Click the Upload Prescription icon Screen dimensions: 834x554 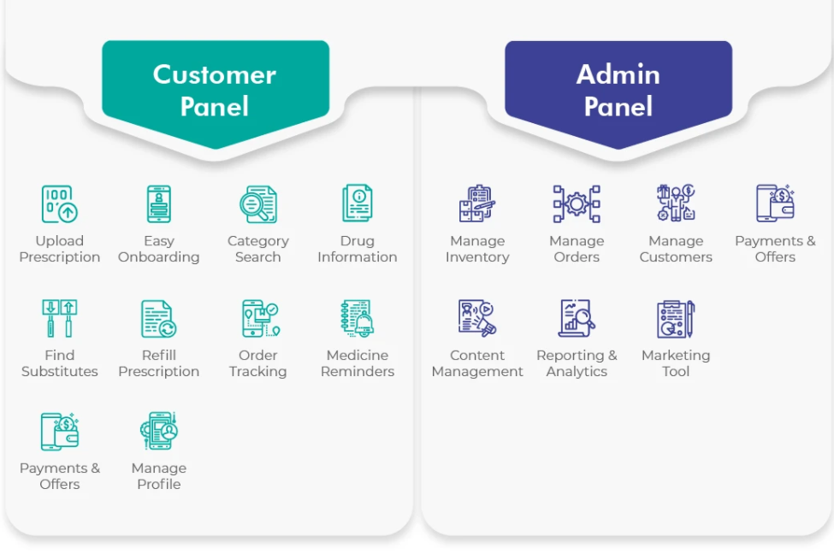pyautogui.click(x=60, y=203)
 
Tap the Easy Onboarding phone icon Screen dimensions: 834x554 pyautogui.click(x=158, y=203)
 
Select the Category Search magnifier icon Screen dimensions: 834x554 pyautogui.click(x=258, y=204)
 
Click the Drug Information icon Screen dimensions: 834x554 pyautogui.click(x=358, y=203)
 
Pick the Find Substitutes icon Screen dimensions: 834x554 pyautogui.click(x=60, y=318)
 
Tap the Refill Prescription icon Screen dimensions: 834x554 pyautogui.click(x=158, y=319)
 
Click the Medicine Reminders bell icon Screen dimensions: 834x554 pyautogui.click(x=358, y=318)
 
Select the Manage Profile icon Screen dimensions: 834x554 pyautogui.click(x=158, y=431)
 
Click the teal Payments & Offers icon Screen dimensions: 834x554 pyautogui.click(x=60, y=431)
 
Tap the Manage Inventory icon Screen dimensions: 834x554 pyautogui.click(x=477, y=203)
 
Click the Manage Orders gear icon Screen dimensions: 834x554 pyautogui.click(x=577, y=203)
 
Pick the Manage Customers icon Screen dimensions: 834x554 pyautogui.click(x=676, y=203)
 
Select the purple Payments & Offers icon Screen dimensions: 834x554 pyautogui.click(x=775, y=203)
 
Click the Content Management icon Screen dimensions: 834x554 pyautogui.click(x=477, y=318)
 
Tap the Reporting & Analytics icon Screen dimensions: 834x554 pyautogui.click(x=577, y=318)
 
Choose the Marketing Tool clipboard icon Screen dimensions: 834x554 pyautogui.click(x=676, y=319)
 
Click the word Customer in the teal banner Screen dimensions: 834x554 pyautogui.click(x=215, y=74)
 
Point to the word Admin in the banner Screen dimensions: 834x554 pyautogui.click(x=618, y=74)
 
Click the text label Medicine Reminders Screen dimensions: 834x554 pyautogui.click(x=358, y=363)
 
